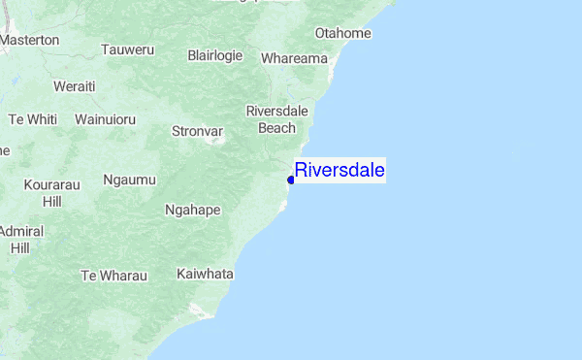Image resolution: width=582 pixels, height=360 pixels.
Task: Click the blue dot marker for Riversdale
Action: click(x=291, y=179)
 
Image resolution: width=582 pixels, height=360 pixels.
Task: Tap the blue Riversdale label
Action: click(x=339, y=171)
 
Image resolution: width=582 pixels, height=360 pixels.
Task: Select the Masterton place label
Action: click(x=30, y=41)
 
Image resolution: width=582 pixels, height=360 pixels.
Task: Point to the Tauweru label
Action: click(x=127, y=49)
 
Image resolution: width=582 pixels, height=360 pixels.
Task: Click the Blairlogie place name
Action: click(x=214, y=55)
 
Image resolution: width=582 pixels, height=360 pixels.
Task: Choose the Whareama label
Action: click(x=294, y=59)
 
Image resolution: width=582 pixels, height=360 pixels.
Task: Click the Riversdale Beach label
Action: click(x=277, y=118)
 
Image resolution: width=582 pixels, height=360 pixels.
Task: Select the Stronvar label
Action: click(x=197, y=130)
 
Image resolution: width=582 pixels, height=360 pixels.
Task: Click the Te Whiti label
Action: click(x=33, y=119)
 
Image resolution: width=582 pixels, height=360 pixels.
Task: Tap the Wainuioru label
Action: click(x=105, y=119)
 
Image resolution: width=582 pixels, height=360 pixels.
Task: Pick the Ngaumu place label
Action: click(x=129, y=180)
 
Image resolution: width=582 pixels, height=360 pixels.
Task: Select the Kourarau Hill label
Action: click(x=52, y=191)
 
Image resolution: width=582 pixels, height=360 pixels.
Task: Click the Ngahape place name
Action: click(x=193, y=210)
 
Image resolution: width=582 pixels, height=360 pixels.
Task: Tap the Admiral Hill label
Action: click(x=19, y=240)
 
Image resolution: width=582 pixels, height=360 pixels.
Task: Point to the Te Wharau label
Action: click(x=113, y=276)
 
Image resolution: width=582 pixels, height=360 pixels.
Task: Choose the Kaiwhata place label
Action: click(x=205, y=275)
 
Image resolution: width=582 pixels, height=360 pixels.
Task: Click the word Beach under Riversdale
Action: click(x=277, y=127)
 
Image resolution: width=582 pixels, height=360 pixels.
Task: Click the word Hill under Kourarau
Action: click(x=52, y=201)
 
